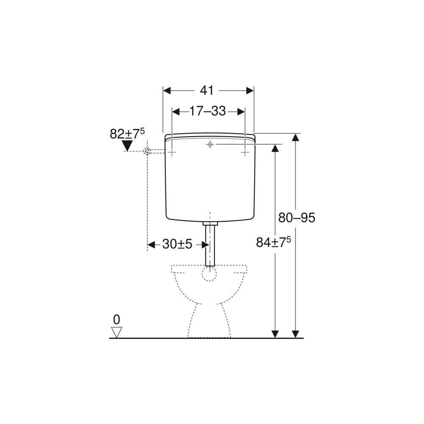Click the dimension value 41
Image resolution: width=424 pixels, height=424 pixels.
[207, 91]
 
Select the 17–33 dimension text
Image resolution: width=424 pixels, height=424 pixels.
[208, 111]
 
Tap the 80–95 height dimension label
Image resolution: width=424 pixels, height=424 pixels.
[297, 218]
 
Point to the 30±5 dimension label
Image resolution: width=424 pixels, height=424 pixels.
[177, 245]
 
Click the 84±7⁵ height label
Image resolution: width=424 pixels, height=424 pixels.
[273, 242]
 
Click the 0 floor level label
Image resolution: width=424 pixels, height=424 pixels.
[117, 320]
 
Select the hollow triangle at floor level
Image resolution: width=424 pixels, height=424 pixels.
[117, 332]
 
